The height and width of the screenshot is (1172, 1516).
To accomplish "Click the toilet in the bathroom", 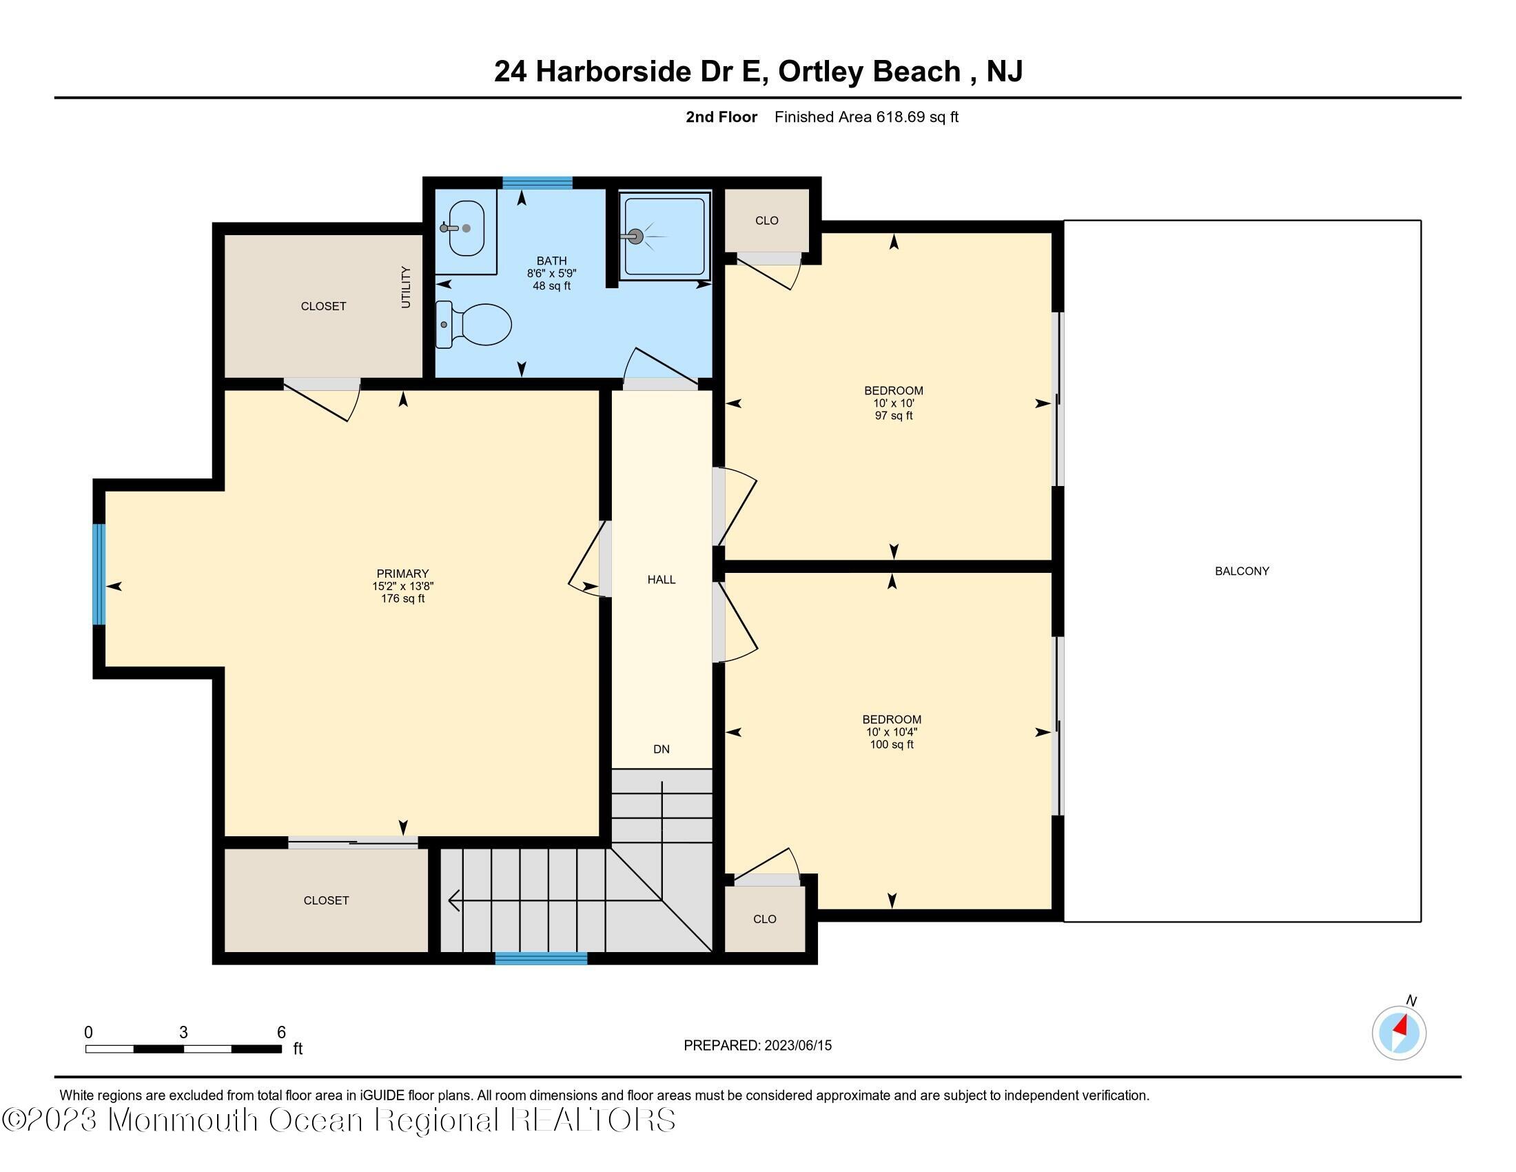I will [x=476, y=324].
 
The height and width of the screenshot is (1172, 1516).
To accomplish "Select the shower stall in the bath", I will [x=665, y=236].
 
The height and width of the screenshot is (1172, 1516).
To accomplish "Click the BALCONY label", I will [x=1241, y=572].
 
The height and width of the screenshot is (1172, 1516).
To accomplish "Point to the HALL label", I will [x=661, y=580].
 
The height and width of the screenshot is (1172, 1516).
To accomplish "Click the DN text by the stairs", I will [x=661, y=749].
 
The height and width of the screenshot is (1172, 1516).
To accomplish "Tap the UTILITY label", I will [x=406, y=287].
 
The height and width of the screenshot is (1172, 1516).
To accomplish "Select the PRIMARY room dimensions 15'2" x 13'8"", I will [x=402, y=586].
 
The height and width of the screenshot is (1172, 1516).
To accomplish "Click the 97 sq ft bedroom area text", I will [x=893, y=416].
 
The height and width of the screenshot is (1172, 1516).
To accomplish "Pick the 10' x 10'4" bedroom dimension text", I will [x=892, y=731].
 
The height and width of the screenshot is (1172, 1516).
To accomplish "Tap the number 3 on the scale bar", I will [x=183, y=1033].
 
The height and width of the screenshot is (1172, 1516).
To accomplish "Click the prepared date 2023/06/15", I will [x=797, y=1046].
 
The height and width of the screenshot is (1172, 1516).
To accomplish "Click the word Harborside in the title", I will [x=613, y=72].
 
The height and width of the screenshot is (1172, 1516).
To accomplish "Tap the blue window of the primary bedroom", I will [x=99, y=574].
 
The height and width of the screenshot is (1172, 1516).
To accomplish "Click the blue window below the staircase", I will [x=541, y=959].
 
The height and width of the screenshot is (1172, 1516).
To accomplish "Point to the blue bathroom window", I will [x=537, y=183].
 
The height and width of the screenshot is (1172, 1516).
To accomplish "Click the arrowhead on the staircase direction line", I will [x=454, y=901].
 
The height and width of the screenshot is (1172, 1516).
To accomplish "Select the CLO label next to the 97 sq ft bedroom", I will [x=766, y=221].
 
